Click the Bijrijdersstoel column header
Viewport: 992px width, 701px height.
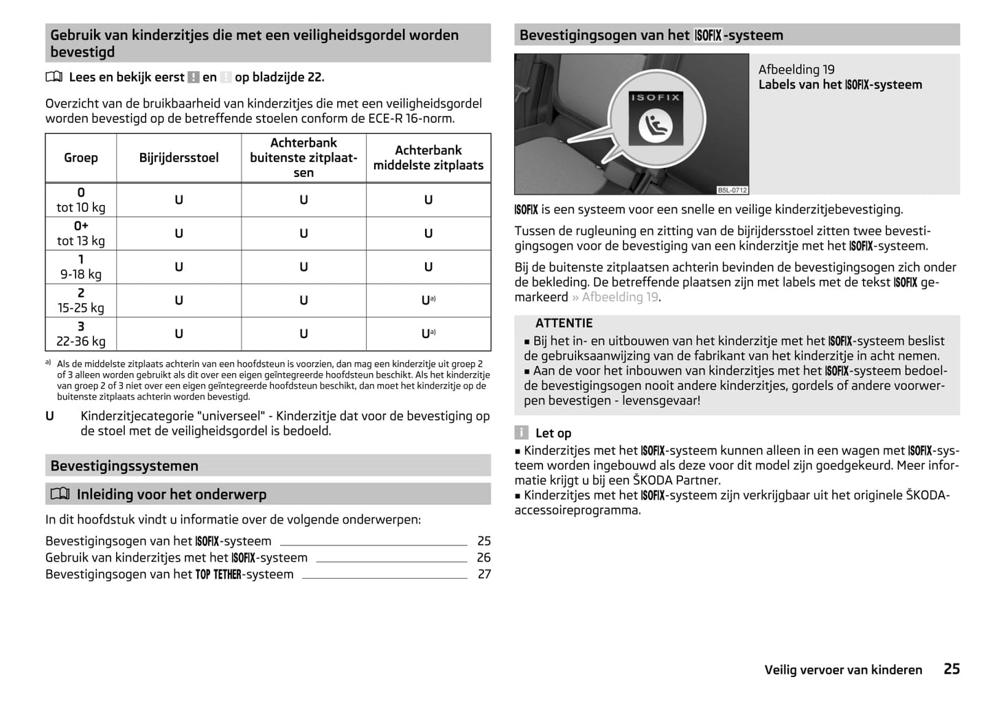pyautogui.click(x=178, y=158)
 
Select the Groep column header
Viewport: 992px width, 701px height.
pyautogui.click(x=81, y=158)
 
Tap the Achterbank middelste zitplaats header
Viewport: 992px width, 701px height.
pyautogui.click(x=428, y=158)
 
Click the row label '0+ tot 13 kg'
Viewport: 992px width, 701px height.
pyautogui.click(x=81, y=233)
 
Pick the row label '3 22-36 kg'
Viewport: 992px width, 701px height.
pyautogui.click(x=81, y=334)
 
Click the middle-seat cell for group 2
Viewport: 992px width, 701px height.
pyautogui.click(x=428, y=300)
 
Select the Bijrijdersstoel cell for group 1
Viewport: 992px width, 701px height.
pyautogui.click(x=178, y=267)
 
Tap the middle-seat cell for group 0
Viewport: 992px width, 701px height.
pyautogui.click(x=428, y=200)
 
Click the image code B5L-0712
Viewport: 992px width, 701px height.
pyautogui.click(x=732, y=190)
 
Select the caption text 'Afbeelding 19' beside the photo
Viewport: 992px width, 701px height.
pyautogui.click(x=796, y=69)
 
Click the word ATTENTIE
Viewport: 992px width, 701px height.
pyautogui.click(x=564, y=323)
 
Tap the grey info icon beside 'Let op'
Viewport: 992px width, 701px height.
pyautogui.click(x=522, y=433)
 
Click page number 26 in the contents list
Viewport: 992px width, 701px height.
pyautogui.click(x=484, y=558)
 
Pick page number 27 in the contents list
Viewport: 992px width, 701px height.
pyautogui.click(x=484, y=574)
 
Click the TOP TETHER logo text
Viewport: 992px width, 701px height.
pyautogui.click(x=218, y=575)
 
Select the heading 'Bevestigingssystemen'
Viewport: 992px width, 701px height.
pyautogui.click(x=124, y=466)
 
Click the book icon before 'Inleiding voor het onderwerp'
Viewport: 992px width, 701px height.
pyautogui.click(x=60, y=494)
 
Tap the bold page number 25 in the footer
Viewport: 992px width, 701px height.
pyautogui.click(x=951, y=669)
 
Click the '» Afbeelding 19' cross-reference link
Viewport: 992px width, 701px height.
pyautogui.click(x=615, y=297)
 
